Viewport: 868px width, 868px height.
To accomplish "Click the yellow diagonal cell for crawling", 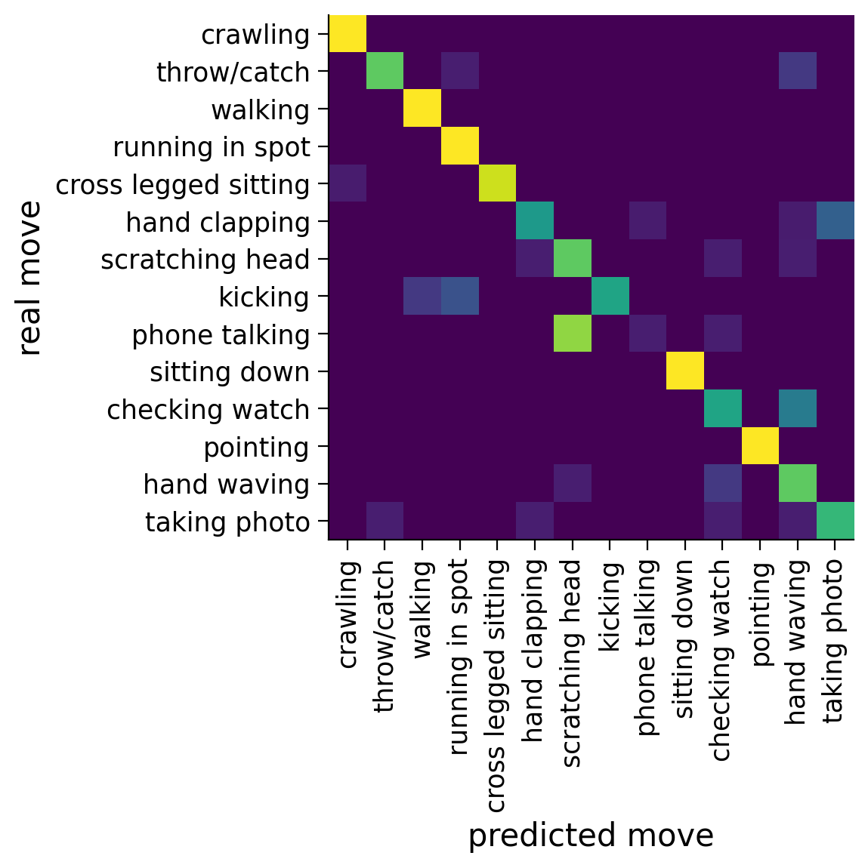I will click(348, 34).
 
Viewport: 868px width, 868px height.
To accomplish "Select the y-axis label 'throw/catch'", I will click(233, 72).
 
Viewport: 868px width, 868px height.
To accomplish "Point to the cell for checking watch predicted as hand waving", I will click(798, 409).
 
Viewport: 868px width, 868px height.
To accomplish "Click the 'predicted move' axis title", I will click(591, 836).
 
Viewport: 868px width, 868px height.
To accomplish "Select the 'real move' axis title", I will click(29, 278).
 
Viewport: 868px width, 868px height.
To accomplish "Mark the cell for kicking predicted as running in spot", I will click(460, 297).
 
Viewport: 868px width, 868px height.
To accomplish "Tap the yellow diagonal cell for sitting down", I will click(685, 371).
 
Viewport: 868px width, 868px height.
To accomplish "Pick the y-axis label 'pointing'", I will click(256, 447).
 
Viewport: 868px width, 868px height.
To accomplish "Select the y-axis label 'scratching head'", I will click(205, 260).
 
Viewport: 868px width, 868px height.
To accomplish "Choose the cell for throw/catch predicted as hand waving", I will click(798, 72).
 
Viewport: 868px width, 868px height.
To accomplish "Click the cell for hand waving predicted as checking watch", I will click(723, 484).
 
